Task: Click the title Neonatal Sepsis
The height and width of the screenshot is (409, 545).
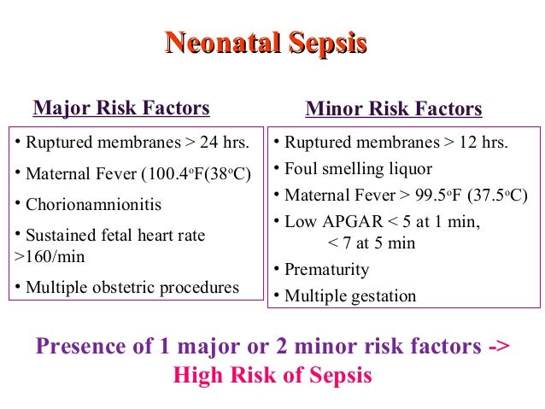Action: (x=266, y=44)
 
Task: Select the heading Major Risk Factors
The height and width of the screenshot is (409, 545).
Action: (x=121, y=108)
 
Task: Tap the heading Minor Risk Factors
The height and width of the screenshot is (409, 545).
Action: (x=394, y=109)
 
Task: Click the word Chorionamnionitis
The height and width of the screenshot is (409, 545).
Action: (x=93, y=205)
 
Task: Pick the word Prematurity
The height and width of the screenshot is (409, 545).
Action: (x=326, y=270)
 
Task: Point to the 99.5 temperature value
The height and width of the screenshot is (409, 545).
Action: (x=436, y=196)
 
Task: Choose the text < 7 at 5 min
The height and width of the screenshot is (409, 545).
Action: (x=372, y=243)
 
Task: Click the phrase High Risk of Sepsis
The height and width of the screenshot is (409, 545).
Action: (x=272, y=376)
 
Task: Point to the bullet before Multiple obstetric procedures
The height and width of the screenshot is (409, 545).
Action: (x=18, y=286)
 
